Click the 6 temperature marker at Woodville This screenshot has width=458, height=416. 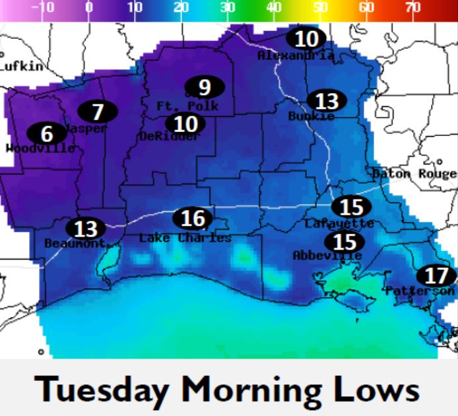46,133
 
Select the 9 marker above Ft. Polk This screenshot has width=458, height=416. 204,87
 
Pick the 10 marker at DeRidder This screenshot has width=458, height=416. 185,123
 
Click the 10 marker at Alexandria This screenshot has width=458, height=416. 306,39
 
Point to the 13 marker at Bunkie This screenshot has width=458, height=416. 327,100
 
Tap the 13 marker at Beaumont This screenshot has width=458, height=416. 86,229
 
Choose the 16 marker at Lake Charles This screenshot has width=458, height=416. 193,218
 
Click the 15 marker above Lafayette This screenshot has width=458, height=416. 351,207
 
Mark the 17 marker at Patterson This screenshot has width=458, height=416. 436,275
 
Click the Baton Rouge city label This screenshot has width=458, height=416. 414,174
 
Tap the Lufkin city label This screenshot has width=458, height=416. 22,66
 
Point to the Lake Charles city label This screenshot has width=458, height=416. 185,238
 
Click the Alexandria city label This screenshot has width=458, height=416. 296,56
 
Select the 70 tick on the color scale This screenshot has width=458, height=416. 412,8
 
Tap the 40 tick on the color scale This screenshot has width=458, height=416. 274,8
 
